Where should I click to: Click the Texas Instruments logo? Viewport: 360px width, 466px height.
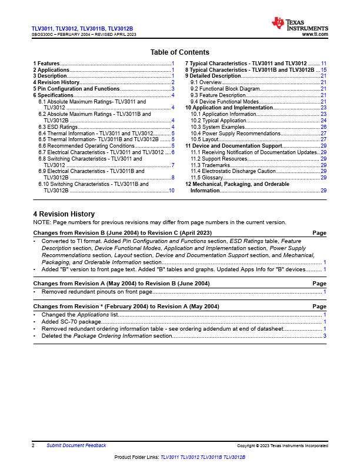pos(299,25)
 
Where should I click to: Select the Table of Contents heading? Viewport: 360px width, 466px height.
pos(179,52)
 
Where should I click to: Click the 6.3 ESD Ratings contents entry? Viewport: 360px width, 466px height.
pos(58,127)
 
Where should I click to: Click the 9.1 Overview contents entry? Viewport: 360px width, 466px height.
pos(206,82)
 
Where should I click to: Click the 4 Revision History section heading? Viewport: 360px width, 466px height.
pos(64,214)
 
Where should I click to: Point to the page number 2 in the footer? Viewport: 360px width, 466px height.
pos(34,446)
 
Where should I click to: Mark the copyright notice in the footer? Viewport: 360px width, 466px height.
pos(282,447)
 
